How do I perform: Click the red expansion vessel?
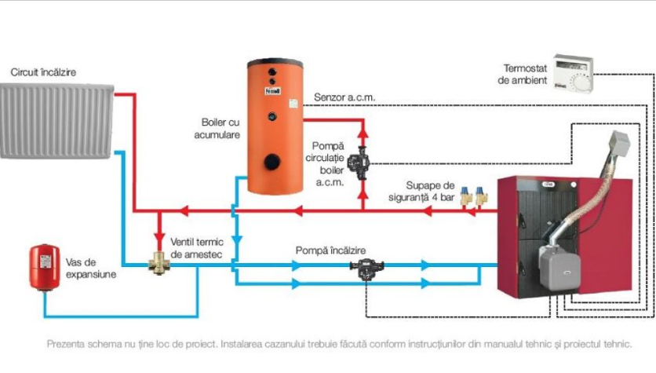coord(45,265)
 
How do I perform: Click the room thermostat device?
coord(572,73)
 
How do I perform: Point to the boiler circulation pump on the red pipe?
coord(363,162)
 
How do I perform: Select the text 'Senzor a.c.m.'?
coord(344,98)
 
